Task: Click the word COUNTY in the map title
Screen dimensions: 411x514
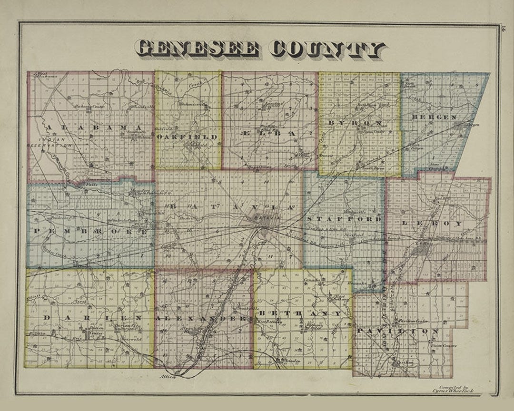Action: click(x=327, y=49)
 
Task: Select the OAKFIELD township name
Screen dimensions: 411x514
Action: click(x=187, y=137)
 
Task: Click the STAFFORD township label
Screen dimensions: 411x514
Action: click(x=344, y=219)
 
